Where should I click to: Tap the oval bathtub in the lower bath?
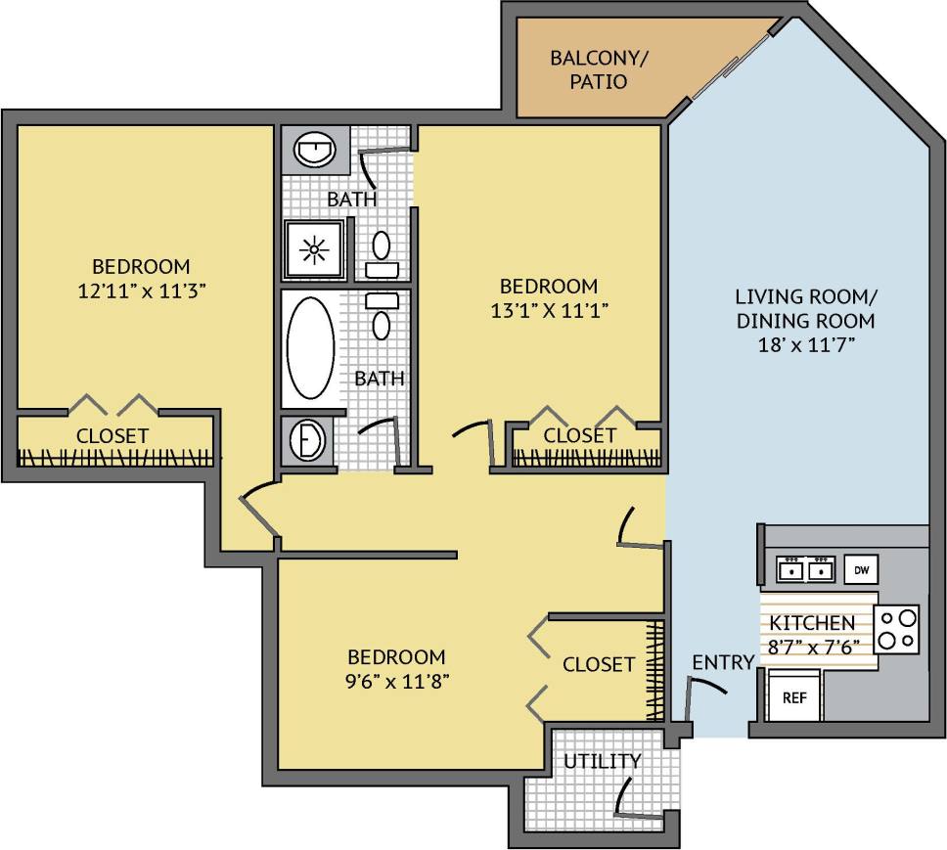(311, 347)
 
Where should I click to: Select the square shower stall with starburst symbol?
(313, 249)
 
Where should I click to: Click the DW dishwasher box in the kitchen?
(860, 569)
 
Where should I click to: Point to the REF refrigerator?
(793, 698)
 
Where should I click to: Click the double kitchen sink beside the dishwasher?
(805, 568)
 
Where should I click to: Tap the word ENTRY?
(723, 663)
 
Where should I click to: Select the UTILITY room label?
(603, 761)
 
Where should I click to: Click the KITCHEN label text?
(812, 623)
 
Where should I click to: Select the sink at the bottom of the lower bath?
(308, 440)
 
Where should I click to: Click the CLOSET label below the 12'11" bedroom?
(113, 435)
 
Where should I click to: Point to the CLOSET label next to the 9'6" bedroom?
(599, 664)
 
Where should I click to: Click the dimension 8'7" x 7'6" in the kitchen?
(812, 646)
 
